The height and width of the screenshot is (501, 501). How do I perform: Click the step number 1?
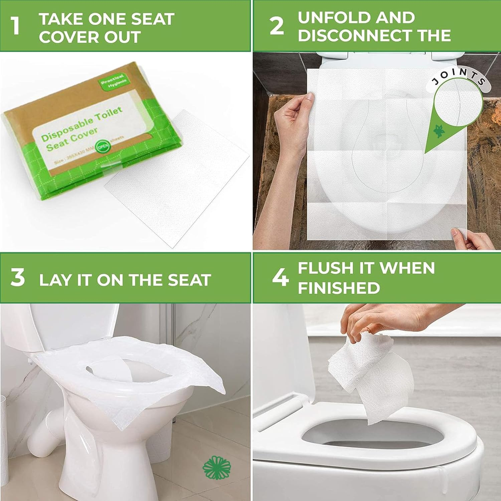pos(15,26)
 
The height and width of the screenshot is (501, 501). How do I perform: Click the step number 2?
pos(277,26)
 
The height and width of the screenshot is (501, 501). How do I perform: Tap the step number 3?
pos(17,278)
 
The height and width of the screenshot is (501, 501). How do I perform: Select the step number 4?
pos(280,278)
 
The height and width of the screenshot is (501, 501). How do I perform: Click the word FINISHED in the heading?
pos(339,288)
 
